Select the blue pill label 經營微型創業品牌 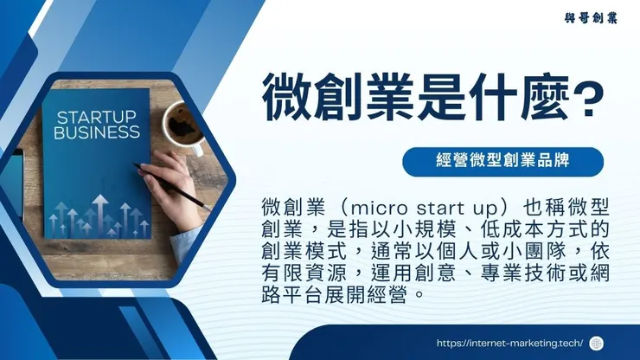[x=502, y=160]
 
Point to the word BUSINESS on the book [x=96, y=133]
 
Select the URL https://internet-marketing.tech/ [x=509, y=343]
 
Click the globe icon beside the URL [x=596, y=343]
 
